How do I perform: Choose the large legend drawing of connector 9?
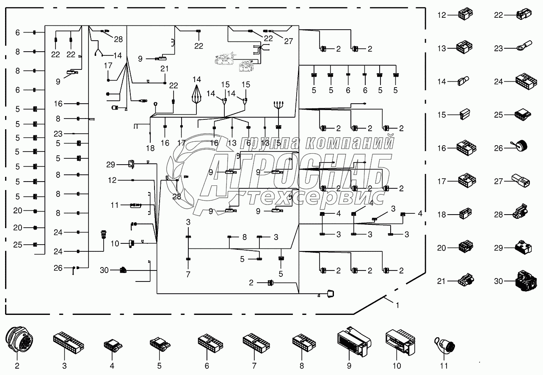coord(353,341)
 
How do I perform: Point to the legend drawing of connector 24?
coord(526,81)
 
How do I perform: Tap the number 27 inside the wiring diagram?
coord(288,41)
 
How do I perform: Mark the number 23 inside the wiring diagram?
coord(58,134)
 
